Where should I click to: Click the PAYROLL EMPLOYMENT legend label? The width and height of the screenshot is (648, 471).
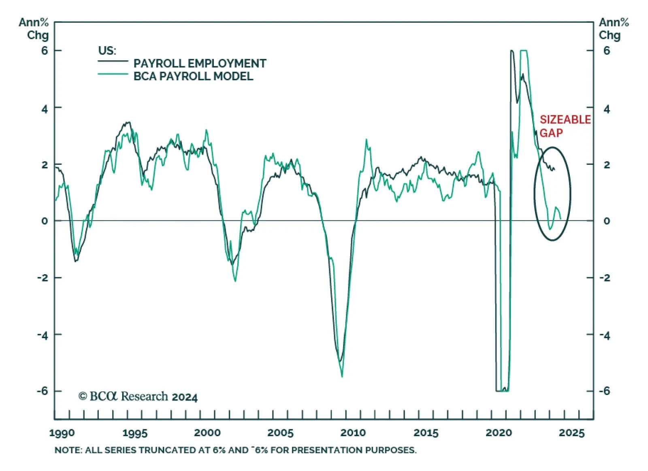(200, 64)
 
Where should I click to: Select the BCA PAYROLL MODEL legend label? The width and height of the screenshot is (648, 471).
(193, 76)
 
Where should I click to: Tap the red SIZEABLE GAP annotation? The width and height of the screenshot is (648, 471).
(565, 126)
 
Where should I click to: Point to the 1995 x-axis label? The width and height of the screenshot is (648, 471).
(135, 433)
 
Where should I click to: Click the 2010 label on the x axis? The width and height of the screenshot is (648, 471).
(353, 433)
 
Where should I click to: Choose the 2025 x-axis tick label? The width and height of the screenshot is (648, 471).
(571, 433)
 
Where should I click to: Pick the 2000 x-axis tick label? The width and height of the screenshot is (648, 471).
(207, 433)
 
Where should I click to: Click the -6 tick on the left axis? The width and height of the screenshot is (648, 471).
(42, 391)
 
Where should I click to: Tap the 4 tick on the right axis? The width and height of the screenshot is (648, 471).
(606, 109)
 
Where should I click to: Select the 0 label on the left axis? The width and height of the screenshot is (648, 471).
(45, 221)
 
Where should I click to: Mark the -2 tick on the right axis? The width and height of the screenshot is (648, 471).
(605, 278)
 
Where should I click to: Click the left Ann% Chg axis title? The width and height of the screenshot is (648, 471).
(34, 29)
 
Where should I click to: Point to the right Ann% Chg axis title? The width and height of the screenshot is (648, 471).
(613, 29)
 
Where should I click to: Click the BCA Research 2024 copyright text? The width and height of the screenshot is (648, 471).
(138, 396)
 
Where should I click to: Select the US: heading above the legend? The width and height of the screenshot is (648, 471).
(107, 51)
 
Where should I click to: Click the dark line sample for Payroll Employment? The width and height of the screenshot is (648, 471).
(113, 62)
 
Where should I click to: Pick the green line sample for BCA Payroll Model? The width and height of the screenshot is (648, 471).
(113, 74)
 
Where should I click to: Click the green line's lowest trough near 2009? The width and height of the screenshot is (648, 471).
(342, 377)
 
